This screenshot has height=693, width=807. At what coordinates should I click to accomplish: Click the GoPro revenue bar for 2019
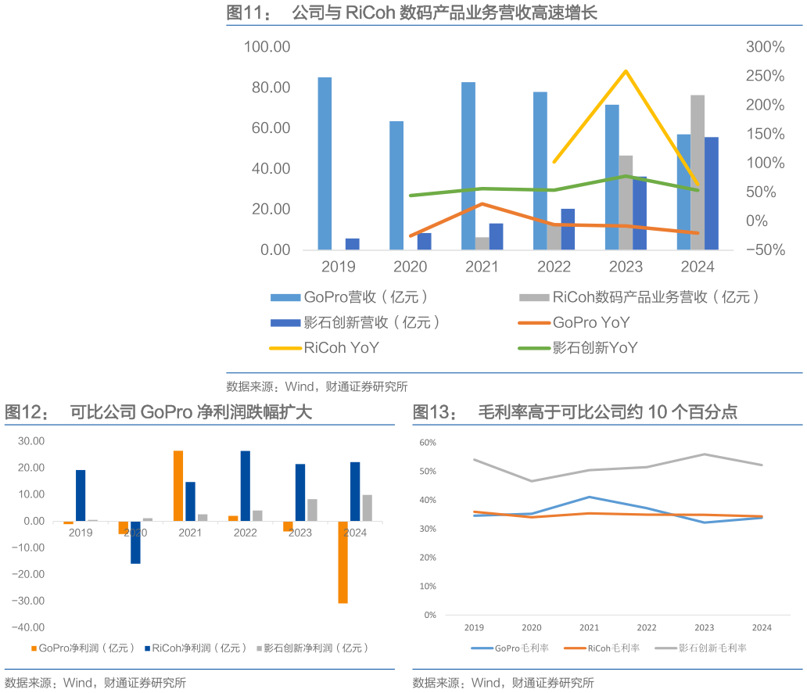[325, 163]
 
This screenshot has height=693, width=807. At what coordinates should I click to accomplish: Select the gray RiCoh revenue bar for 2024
[698, 172]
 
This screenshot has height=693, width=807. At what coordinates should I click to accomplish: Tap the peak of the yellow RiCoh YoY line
[626, 71]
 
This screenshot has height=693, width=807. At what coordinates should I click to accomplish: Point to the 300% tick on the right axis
[765, 47]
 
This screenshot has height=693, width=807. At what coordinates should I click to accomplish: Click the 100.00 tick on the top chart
[267, 47]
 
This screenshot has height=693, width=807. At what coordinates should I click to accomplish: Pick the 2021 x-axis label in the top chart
[482, 267]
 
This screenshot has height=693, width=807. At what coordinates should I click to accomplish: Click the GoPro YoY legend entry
[590, 322]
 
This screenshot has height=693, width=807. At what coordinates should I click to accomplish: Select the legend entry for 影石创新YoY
[594, 348]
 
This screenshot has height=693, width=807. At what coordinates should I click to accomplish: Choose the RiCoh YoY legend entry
[341, 348]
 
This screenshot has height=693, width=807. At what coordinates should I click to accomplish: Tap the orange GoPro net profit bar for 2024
[343, 562]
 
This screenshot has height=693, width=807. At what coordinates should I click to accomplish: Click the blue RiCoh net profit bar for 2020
[135, 542]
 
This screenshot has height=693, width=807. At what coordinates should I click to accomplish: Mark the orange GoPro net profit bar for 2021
[178, 486]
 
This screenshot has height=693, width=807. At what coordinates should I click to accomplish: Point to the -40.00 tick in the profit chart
[28, 627]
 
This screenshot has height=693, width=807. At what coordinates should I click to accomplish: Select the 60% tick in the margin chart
[428, 443]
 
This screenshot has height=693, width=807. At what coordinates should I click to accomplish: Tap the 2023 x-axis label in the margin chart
[704, 627]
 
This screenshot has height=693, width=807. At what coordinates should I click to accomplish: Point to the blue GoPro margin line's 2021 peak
[589, 497]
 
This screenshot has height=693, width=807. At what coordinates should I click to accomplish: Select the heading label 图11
[244, 13]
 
